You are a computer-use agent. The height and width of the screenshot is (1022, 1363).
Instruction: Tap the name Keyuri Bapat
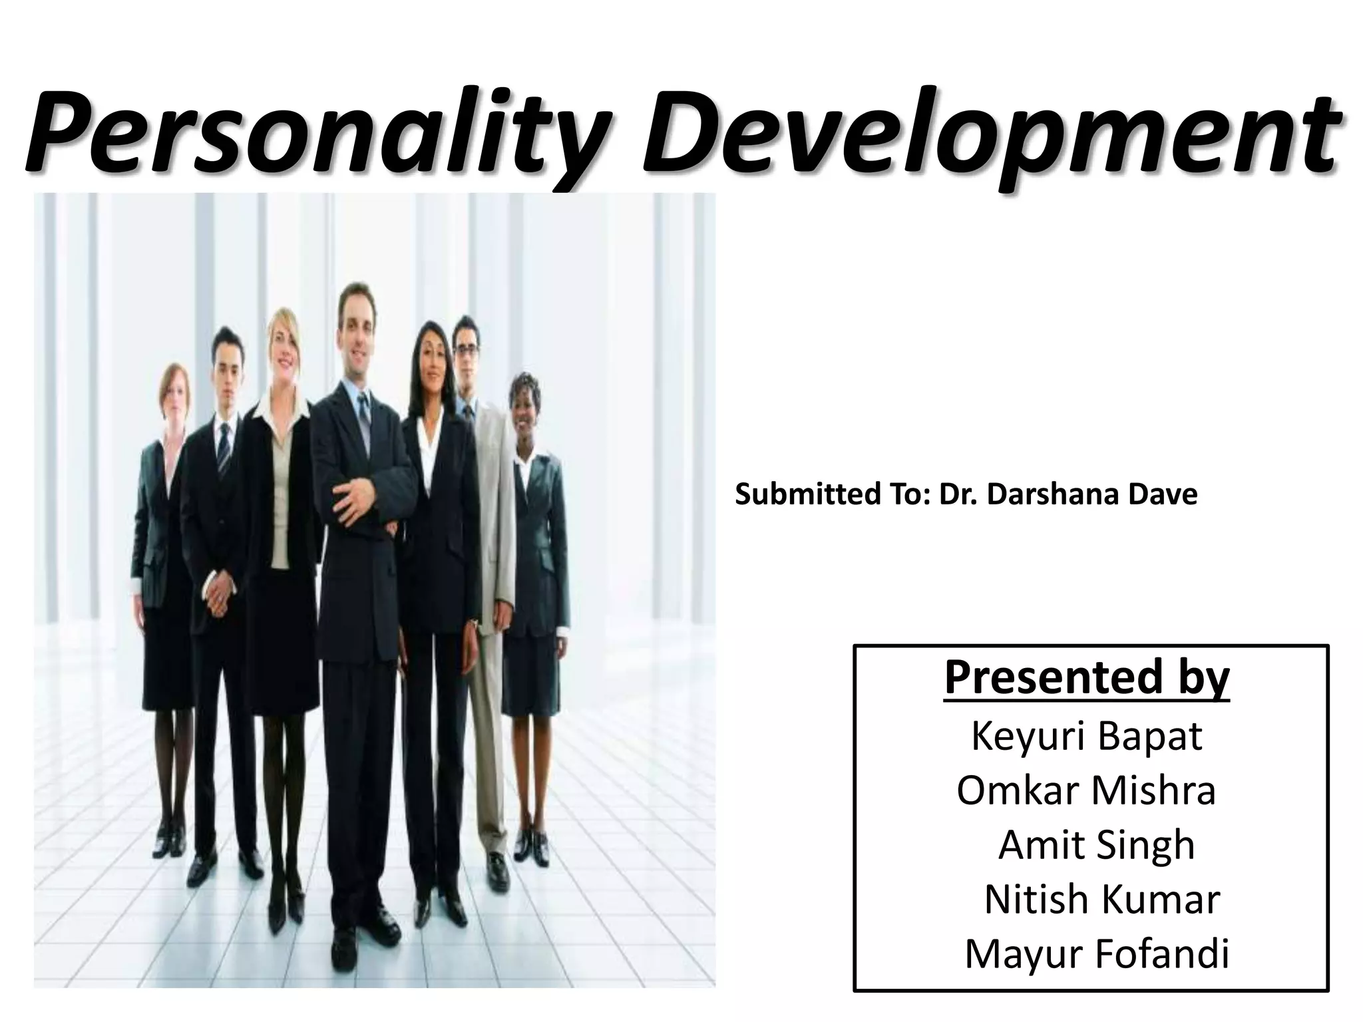click(x=1086, y=736)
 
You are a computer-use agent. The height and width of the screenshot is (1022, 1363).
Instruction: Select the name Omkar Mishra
click(x=1086, y=790)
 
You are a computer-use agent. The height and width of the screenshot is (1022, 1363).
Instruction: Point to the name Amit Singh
click(x=1096, y=845)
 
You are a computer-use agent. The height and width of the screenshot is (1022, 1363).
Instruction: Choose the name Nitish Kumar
click(x=1101, y=900)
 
